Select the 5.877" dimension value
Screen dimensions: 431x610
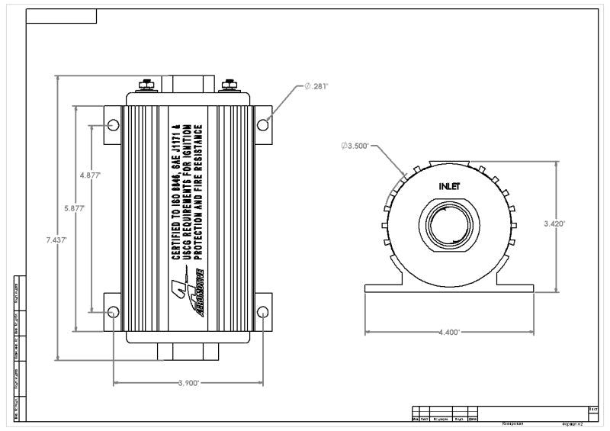[x=75, y=207]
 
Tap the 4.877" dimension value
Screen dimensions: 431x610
[x=91, y=175]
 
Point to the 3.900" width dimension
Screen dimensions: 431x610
[x=188, y=383]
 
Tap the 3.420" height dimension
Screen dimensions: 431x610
[x=554, y=224]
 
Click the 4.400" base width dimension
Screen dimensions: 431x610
[x=448, y=333]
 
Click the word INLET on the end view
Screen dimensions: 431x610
[x=449, y=186]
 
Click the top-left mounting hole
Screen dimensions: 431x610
[x=113, y=124]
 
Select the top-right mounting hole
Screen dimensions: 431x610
[x=262, y=124]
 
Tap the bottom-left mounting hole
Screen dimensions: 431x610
[x=113, y=311]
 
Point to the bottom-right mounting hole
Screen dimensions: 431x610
[x=262, y=311]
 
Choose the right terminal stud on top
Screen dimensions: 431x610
[x=228, y=85]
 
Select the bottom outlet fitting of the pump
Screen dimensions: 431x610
[x=188, y=352]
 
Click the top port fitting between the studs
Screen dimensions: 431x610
[x=188, y=82]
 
